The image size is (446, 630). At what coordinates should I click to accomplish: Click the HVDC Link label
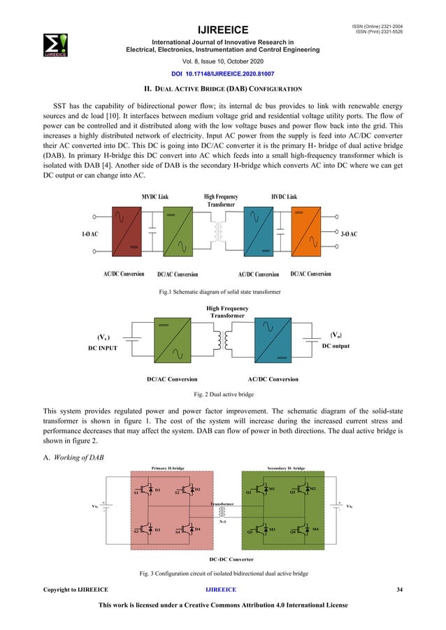coord(284,198)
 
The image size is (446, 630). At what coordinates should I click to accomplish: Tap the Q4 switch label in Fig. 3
coord(294,532)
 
